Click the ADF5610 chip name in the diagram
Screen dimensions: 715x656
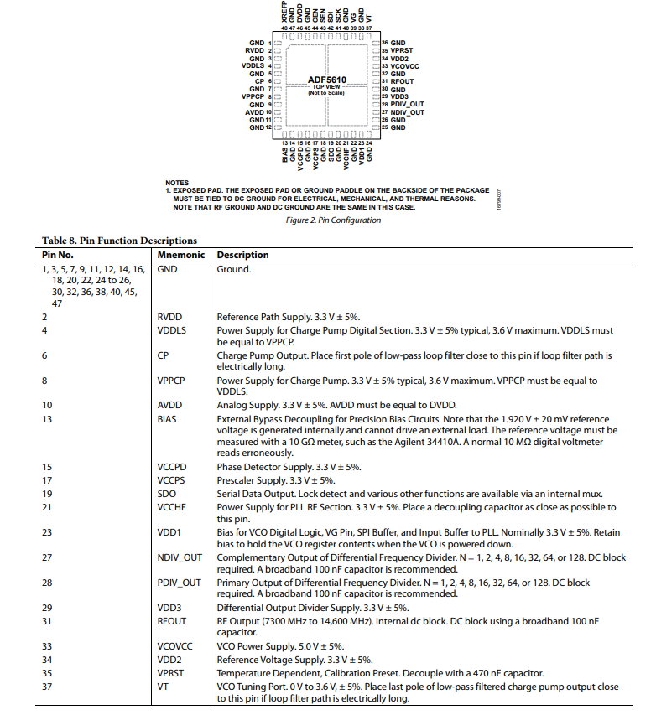click(327, 80)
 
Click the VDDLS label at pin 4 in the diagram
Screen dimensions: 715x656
click(253, 65)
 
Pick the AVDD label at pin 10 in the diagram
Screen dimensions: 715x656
click(255, 112)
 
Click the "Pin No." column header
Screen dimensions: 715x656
click(59, 255)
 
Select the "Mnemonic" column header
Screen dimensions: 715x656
click(178, 255)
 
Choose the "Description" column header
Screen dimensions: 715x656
click(243, 255)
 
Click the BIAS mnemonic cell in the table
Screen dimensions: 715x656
click(167, 418)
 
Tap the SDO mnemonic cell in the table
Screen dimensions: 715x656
click(166, 494)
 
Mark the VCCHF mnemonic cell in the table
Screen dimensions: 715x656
click(171, 507)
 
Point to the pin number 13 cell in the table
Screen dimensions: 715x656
click(49, 418)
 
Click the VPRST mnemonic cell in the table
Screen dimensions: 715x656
click(171, 672)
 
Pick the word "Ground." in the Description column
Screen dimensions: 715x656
click(233, 270)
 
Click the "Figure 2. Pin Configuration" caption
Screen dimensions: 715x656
click(333, 220)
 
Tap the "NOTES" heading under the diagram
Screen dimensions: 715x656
click(177, 183)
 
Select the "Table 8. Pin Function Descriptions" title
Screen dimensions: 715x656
click(120, 241)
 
